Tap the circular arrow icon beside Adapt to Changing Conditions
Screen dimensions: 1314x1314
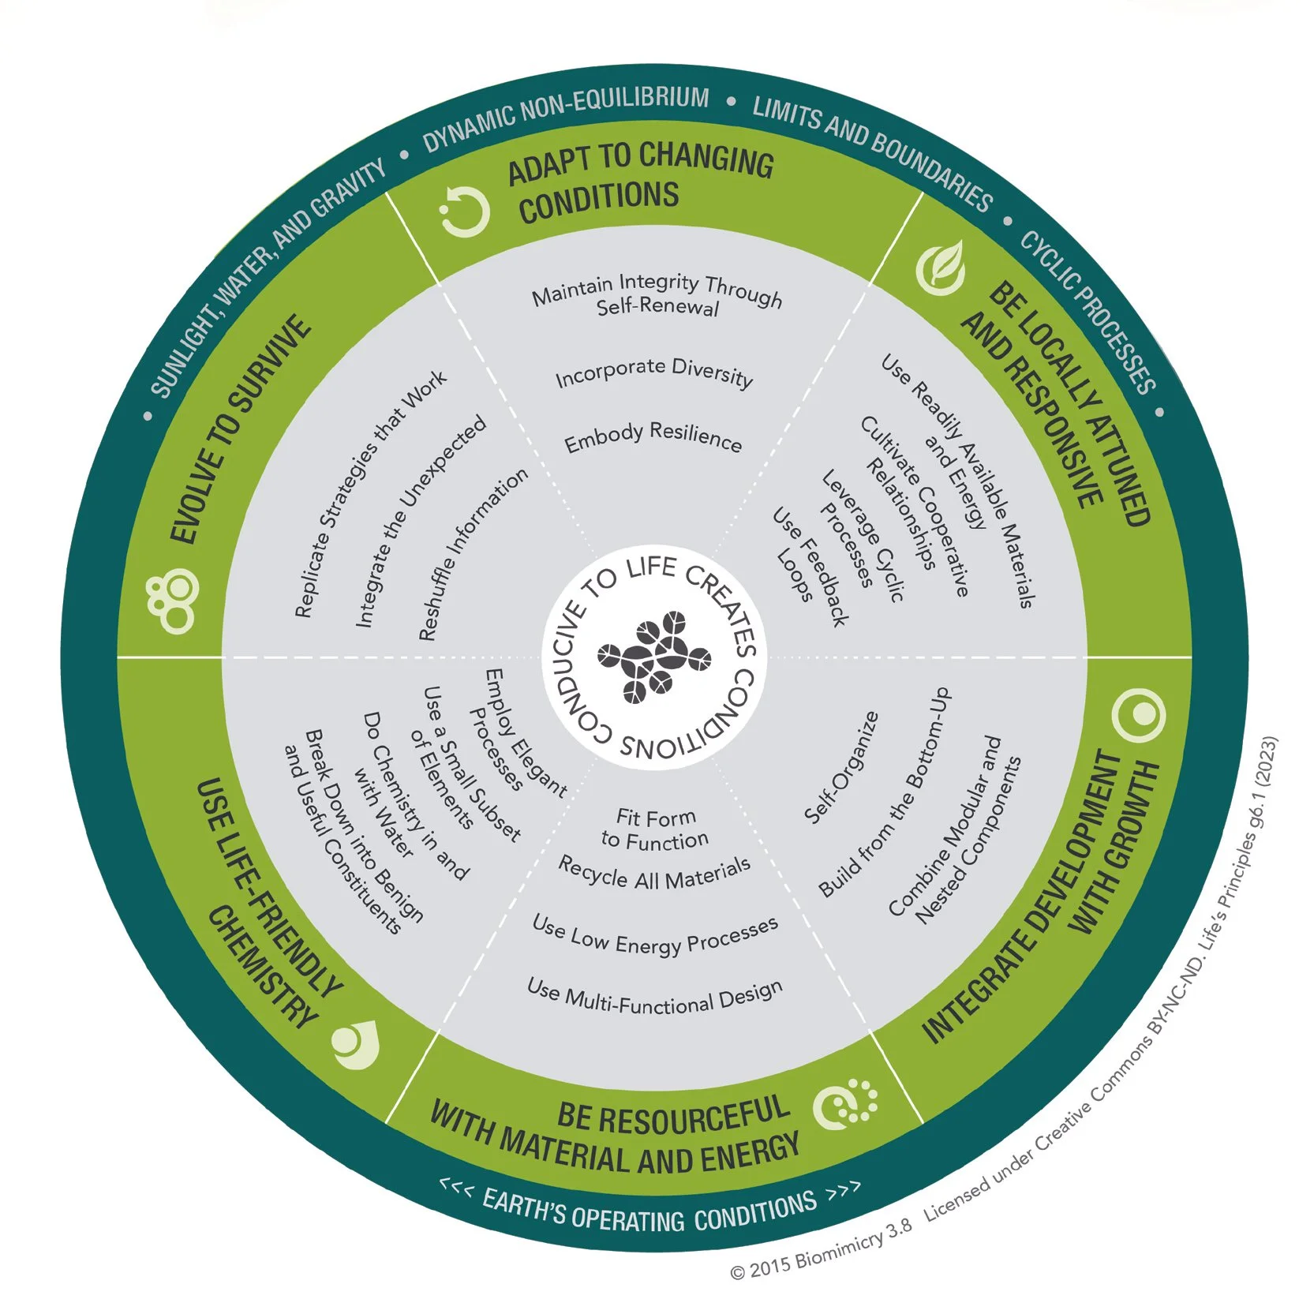465,212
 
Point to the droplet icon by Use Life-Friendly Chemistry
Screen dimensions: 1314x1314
354,1043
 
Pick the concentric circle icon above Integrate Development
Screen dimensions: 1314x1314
1138,714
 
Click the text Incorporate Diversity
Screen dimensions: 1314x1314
654,373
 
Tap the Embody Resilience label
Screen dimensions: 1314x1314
653,437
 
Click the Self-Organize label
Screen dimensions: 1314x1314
841,767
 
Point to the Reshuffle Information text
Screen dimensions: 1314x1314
472,554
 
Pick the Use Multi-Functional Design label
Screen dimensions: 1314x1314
654,997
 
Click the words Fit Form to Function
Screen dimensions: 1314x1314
655,829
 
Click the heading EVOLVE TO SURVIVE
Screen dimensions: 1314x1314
241,430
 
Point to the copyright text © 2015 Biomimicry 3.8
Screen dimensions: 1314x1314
821,1251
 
